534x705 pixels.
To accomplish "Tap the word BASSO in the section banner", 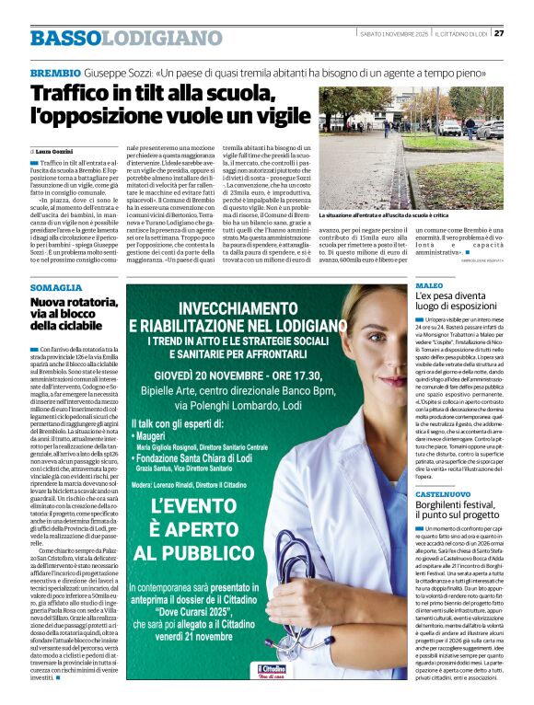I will tap(65, 38).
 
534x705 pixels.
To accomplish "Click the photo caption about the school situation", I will tap(398, 215).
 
